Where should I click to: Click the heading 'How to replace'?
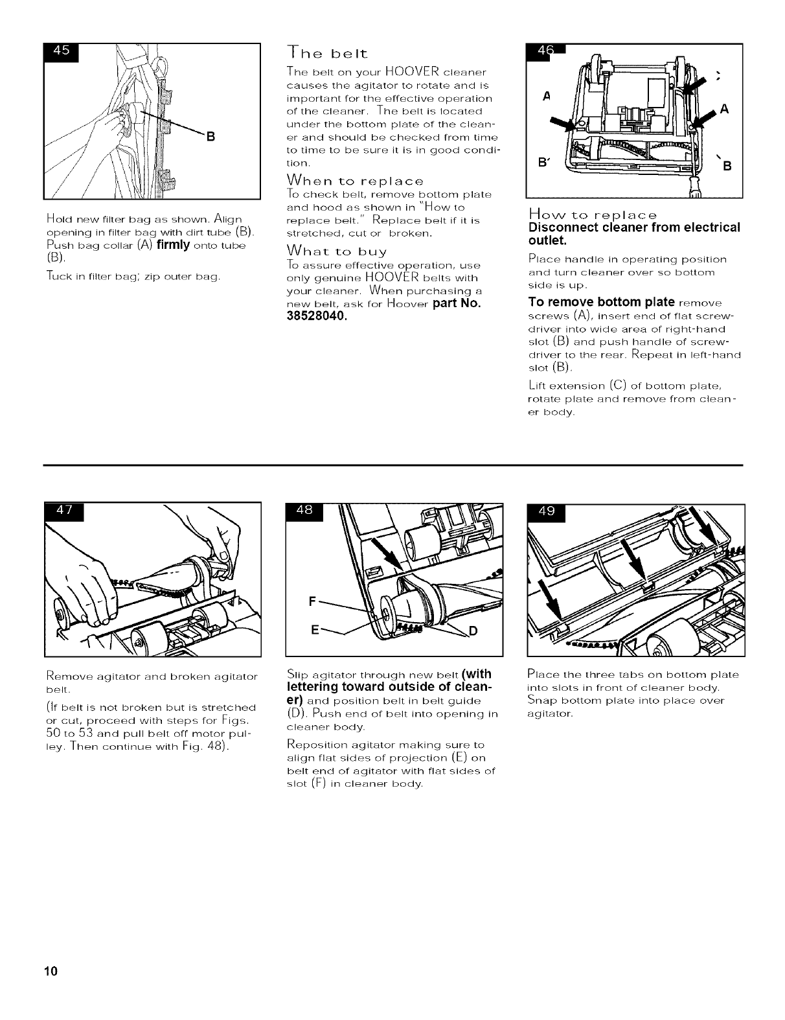click(593, 214)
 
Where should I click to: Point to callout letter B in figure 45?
click(210, 136)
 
